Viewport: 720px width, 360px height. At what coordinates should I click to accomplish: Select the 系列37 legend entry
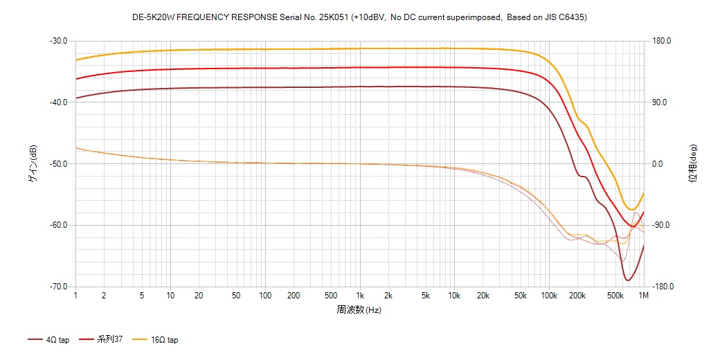109,340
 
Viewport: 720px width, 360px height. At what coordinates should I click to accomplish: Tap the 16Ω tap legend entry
163,340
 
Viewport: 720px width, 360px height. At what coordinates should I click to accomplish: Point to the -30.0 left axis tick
58,41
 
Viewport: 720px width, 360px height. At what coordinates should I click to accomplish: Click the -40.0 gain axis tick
58,102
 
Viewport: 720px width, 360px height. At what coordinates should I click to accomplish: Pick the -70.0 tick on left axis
58,287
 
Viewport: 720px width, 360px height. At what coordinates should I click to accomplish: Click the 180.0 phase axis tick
660,41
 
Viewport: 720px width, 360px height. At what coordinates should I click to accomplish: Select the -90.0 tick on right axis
660,225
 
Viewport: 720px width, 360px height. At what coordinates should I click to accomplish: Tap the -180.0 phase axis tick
662,287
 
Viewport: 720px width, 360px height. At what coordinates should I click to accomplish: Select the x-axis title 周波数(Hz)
359,309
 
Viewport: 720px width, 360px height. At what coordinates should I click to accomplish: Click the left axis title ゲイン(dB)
33,163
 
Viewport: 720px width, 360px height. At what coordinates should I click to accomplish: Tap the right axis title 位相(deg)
692,163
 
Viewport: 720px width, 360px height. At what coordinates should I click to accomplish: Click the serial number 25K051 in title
332,17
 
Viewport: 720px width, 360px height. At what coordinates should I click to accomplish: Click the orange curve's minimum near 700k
631,209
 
